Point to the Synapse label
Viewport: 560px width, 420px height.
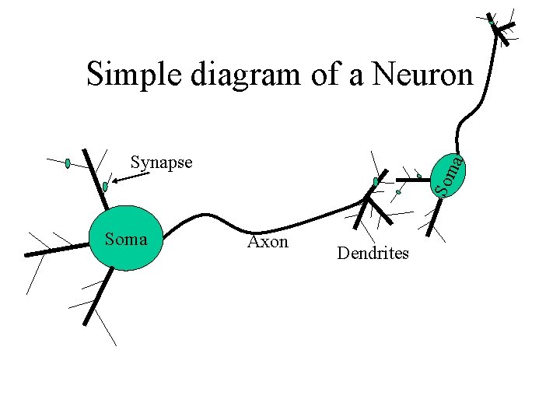(x=161, y=163)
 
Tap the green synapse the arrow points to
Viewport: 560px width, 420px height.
(x=105, y=187)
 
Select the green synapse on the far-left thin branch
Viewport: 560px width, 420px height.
(x=68, y=163)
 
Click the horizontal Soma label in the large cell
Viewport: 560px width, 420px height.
(x=125, y=240)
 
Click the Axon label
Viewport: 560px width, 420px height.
(x=268, y=242)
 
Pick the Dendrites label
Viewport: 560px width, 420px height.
(x=373, y=254)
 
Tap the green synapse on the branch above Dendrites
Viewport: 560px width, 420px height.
(x=376, y=182)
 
